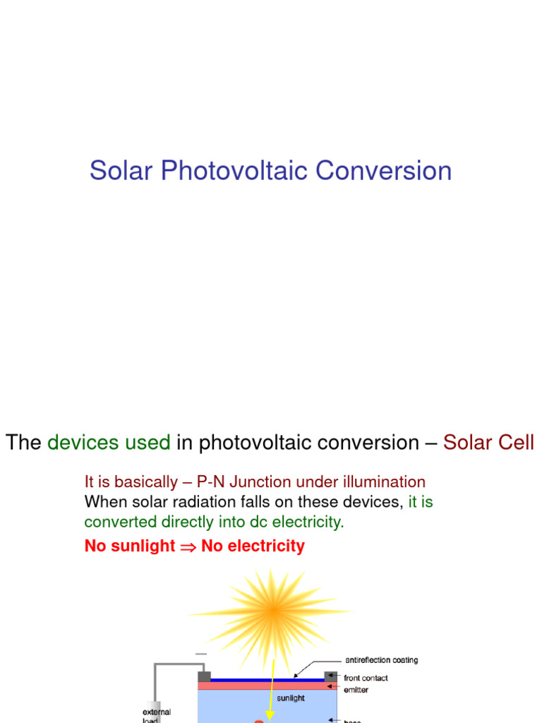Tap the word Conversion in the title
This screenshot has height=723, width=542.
click(384, 171)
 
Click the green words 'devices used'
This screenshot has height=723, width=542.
click(109, 443)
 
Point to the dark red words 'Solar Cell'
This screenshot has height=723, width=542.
click(488, 443)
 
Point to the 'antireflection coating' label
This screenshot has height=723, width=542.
click(381, 660)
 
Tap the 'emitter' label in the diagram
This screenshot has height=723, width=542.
click(356, 689)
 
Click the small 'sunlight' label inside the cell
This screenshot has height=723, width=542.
click(290, 698)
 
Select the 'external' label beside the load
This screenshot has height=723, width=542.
click(156, 712)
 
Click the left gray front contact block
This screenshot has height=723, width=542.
click(205, 676)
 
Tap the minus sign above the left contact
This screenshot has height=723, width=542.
click(201, 654)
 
